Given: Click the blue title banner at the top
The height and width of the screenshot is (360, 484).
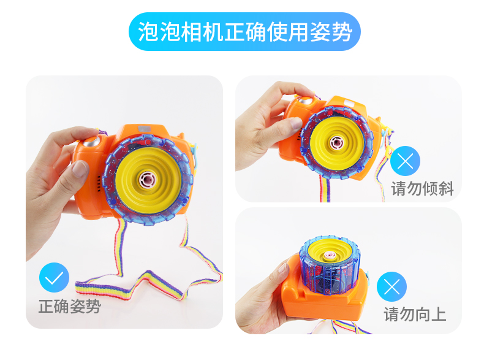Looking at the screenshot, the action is (x=244, y=31).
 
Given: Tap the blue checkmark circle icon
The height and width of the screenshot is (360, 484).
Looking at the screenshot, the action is (x=54, y=277).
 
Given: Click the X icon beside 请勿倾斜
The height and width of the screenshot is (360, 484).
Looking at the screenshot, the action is (x=405, y=161).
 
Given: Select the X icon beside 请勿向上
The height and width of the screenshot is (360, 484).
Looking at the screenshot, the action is (x=391, y=286).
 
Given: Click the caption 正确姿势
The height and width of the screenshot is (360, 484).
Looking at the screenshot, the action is (x=70, y=307).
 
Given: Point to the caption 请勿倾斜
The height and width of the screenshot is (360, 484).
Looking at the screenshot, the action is (x=423, y=188).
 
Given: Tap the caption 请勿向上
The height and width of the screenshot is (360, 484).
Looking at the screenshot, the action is (x=415, y=314).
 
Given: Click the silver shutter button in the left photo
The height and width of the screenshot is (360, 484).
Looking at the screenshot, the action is (x=92, y=142).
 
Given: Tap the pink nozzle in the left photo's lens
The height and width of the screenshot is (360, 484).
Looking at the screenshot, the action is (x=147, y=180).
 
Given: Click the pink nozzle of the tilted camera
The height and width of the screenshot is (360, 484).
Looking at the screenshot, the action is (x=336, y=143).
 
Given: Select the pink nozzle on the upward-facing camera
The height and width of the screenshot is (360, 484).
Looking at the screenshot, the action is (x=329, y=255).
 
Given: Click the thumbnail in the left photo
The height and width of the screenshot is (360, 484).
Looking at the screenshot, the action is (x=79, y=169).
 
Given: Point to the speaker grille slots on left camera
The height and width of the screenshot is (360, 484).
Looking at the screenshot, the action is (x=99, y=183).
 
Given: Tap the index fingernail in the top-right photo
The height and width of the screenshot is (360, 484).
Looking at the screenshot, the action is (x=296, y=123).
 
